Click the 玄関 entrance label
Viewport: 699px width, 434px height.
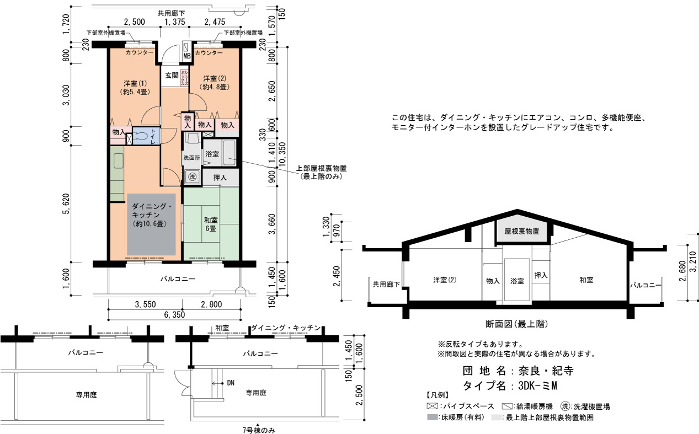click(x=172, y=76)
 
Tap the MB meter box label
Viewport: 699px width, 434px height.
click(x=186, y=56)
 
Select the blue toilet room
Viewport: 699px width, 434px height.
click(x=146, y=136)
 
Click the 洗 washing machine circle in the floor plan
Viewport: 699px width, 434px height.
click(x=192, y=177)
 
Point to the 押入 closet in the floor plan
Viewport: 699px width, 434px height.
click(x=221, y=177)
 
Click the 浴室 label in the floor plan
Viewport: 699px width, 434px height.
click(x=212, y=154)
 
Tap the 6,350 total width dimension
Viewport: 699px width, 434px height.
click(x=174, y=314)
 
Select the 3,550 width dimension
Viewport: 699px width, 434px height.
click(x=145, y=304)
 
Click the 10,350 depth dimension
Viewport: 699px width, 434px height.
click(x=282, y=155)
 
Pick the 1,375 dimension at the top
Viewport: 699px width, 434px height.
click(x=175, y=22)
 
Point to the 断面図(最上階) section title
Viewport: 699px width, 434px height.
click(x=517, y=324)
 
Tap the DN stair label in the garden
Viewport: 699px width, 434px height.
click(x=231, y=383)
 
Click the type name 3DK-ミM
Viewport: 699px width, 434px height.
click(x=538, y=386)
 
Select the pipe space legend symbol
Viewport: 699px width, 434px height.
click(x=432, y=406)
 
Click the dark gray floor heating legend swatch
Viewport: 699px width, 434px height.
click(x=432, y=417)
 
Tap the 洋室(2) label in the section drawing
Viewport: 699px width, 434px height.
click(x=445, y=280)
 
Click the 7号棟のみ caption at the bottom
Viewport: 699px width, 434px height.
click(x=259, y=430)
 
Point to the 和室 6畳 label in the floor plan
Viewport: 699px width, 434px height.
click(x=211, y=224)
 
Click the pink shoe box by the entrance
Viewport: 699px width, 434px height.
click(x=184, y=78)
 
